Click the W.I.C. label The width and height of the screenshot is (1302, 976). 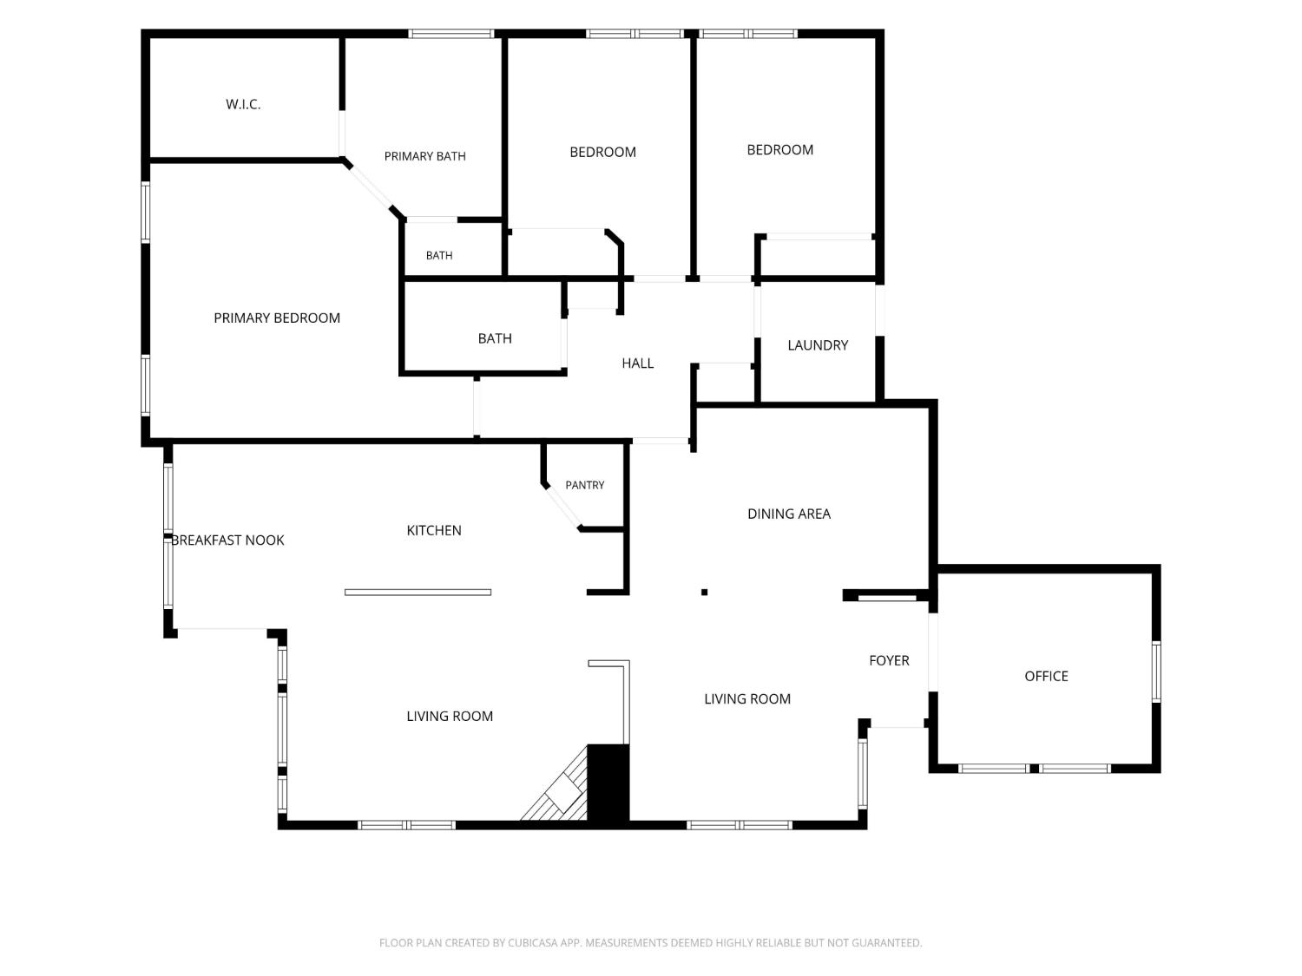(243, 105)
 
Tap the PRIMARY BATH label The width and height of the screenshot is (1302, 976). (424, 156)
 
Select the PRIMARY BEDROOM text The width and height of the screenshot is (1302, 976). (277, 318)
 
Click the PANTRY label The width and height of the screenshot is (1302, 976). (585, 485)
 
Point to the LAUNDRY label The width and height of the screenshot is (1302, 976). (818, 345)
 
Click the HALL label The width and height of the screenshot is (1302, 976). (638, 364)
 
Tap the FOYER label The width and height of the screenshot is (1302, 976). (889, 661)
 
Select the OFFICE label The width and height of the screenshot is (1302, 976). (1046, 676)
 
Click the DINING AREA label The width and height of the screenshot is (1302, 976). (789, 514)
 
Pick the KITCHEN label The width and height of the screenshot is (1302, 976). (434, 531)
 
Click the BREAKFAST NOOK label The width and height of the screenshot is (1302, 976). (227, 540)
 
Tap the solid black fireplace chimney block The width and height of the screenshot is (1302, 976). (608, 783)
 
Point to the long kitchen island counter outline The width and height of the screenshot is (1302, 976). (418, 592)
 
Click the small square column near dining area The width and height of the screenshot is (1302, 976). (704, 592)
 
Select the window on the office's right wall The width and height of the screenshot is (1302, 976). (1156, 672)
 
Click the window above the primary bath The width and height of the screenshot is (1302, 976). (451, 34)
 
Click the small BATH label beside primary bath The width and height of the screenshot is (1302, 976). (439, 256)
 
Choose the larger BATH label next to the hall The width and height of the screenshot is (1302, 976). (495, 339)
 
